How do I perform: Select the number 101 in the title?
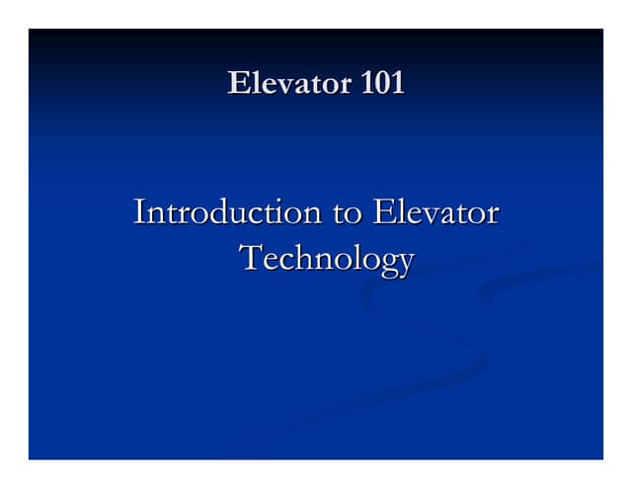click(x=383, y=84)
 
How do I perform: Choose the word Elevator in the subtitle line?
click(x=435, y=212)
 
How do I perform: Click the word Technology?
click(x=327, y=259)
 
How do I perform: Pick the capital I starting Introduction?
click(x=139, y=212)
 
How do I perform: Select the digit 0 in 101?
click(x=383, y=84)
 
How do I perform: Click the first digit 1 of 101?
click(x=368, y=84)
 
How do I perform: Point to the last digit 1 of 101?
click(x=398, y=84)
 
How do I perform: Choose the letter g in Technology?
click(x=386, y=263)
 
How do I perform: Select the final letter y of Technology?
click(x=405, y=263)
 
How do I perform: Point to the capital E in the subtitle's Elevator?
click(x=382, y=212)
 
